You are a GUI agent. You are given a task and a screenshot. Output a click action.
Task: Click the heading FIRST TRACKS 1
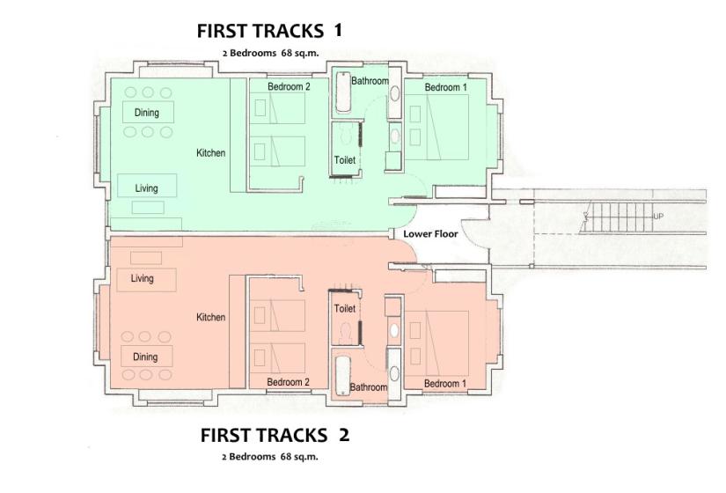pos(269,31)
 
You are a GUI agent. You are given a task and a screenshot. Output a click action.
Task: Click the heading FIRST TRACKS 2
pos(275,436)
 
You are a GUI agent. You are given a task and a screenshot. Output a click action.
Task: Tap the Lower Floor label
pos(430,234)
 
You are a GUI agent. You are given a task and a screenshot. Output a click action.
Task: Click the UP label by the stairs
pos(658,217)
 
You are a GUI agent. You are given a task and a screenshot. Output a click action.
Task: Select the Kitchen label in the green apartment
pos(210,153)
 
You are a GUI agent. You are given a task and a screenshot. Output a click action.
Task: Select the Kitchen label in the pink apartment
pos(210,318)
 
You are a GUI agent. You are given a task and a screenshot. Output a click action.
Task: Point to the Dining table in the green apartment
pos(148,112)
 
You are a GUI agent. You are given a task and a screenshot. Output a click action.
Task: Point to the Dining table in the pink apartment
pos(146,357)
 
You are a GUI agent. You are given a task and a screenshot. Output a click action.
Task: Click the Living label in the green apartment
pos(146,188)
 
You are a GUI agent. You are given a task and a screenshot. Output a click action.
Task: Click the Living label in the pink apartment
pos(142,278)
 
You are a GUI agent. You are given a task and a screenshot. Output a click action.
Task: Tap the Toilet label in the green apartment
pos(345,160)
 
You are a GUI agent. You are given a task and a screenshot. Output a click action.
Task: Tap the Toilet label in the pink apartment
pos(345,308)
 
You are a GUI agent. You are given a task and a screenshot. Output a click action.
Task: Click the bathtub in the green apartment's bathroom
pos(343,92)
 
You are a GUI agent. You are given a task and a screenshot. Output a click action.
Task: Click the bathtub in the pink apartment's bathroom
pos(343,376)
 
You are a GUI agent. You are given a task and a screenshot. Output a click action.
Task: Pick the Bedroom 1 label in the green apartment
pos(446,87)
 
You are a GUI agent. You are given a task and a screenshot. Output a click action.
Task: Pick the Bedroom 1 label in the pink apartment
pos(445,384)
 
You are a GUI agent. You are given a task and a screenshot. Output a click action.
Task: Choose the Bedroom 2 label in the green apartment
pos(289,86)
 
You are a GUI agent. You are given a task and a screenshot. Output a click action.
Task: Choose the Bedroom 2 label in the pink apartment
pos(288,382)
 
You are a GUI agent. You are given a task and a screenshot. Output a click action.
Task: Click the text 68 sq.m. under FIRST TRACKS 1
pos(300,54)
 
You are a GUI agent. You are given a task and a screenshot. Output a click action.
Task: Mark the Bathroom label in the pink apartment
pos(368,387)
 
